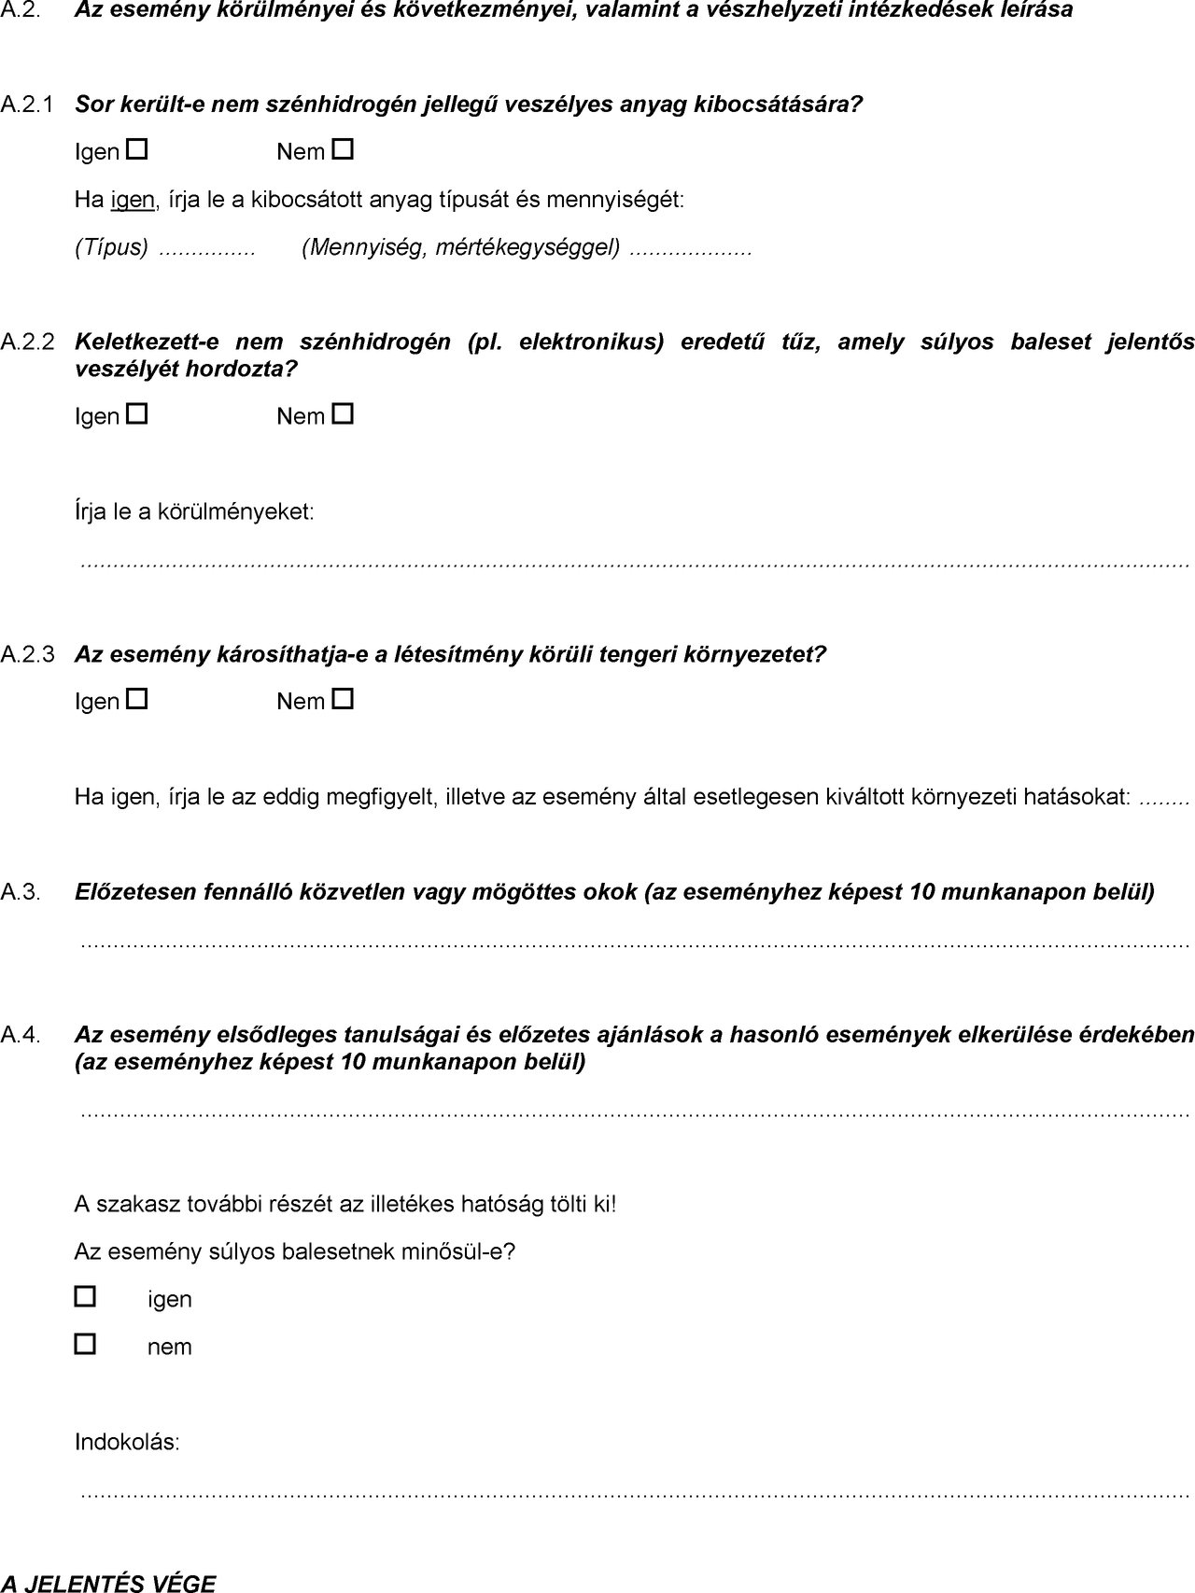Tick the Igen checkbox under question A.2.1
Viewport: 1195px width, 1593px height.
coord(137,149)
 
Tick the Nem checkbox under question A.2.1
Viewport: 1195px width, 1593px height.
coord(344,149)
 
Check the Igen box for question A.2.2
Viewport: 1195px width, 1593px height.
coord(137,413)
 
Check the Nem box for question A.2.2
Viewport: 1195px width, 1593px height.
coord(344,413)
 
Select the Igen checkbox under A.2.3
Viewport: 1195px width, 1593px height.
coord(137,698)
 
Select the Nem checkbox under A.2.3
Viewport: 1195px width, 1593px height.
coord(344,698)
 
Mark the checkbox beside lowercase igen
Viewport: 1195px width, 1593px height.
coord(85,1296)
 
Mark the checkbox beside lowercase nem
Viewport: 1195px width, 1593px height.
coord(85,1344)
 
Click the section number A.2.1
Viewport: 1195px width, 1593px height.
coord(28,105)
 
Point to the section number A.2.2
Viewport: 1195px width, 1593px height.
coord(28,342)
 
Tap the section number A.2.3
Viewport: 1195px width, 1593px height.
coord(28,655)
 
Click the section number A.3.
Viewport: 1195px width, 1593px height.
coord(21,893)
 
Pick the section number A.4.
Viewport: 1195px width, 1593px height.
coord(21,1035)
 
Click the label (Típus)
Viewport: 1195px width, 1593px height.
coord(111,247)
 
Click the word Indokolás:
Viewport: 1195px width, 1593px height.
coord(127,1442)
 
